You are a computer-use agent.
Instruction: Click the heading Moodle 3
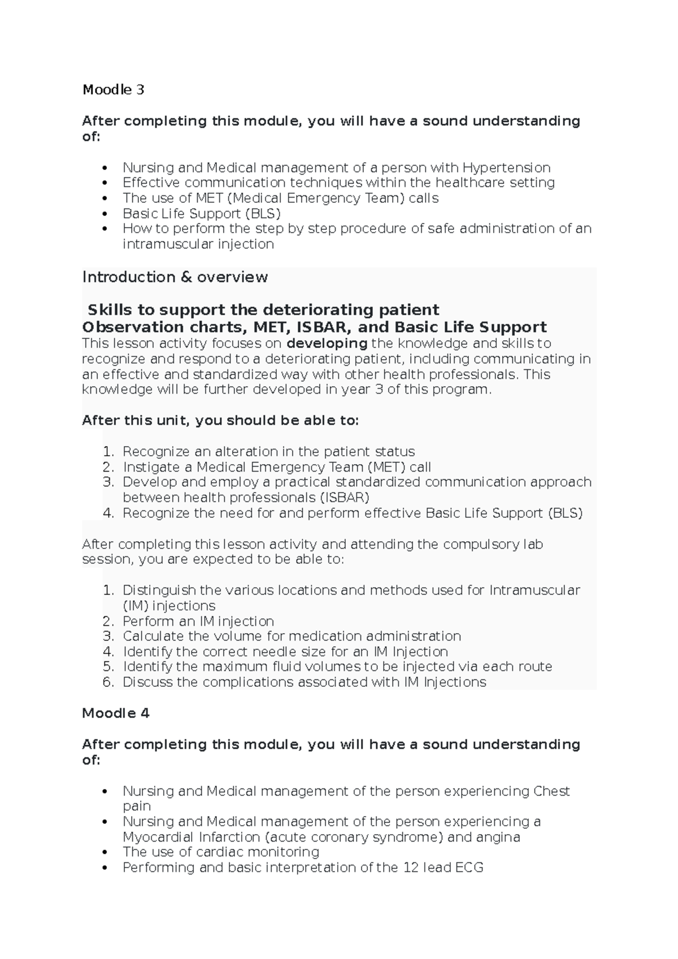pos(113,90)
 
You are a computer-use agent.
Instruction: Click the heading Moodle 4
pos(116,713)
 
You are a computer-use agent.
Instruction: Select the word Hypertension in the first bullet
pos(506,168)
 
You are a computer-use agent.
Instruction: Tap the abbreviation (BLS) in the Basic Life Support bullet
pos(263,213)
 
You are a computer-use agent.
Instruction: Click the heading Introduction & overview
pos(175,277)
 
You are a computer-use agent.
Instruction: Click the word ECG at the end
pos(469,868)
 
